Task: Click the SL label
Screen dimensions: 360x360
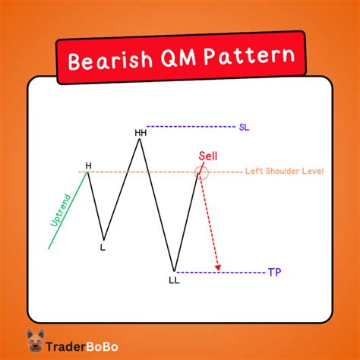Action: [243, 126]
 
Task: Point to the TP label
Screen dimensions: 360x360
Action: [273, 272]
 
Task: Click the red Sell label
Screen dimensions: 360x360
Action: [207, 155]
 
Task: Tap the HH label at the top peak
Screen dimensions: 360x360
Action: [141, 132]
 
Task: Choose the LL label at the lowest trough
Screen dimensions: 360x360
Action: [174, 280]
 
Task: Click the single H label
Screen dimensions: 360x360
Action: [88, 165]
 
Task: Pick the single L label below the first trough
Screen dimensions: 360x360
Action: [103, 247]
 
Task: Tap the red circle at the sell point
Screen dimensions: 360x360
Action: [201, 173]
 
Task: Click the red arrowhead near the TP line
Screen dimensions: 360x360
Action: [218, 266]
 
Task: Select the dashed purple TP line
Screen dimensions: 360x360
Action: [220, 272]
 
